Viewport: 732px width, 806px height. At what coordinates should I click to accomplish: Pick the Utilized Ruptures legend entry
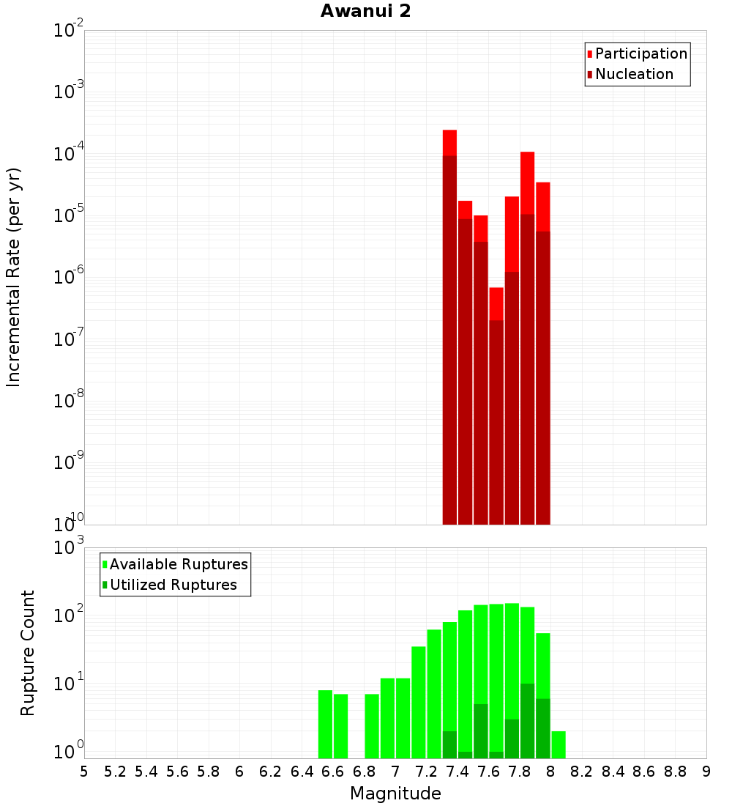point(173,585)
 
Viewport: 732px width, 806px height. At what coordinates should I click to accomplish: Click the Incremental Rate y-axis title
point(14,277)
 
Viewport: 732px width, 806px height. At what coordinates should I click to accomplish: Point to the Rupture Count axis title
point(28,652)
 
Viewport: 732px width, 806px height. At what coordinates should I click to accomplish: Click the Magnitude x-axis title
point(395,794)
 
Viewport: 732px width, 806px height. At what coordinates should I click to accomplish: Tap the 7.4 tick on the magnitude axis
point(457,771)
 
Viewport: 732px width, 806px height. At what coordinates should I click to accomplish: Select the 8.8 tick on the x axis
point(675,771)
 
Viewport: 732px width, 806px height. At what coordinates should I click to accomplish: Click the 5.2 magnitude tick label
point(115,771)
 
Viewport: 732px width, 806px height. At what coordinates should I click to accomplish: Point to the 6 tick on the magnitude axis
point(239,771)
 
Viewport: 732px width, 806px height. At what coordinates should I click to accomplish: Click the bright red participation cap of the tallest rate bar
point(449,142)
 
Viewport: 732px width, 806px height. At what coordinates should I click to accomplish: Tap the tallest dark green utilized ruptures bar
point(527,720)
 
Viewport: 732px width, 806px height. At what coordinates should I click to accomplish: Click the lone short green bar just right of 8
point(559,744)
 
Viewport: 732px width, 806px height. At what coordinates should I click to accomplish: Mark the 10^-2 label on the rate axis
point(69,31)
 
